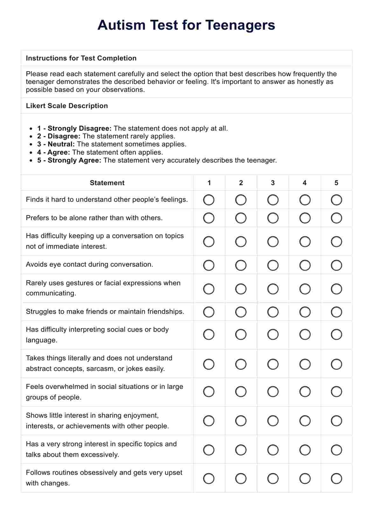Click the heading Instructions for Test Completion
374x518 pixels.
coord(81,58)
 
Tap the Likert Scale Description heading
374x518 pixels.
coord(67,106)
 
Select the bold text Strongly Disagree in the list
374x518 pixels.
coord(79,128)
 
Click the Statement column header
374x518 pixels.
coord(107,183)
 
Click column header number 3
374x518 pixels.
coord(273,183)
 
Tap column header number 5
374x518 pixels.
coord(336,183)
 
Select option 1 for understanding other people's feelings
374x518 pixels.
coord(209,200)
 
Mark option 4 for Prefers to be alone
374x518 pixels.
coord(305,218)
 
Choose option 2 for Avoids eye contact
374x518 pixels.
coord(241,265)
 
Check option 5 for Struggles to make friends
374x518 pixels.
coord(336,312)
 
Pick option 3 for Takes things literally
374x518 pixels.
coord(273,364)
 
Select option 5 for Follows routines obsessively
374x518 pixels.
coord(336,478)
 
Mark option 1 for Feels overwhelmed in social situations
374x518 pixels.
coord(209,392)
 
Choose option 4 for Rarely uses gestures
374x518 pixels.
coord(305,289)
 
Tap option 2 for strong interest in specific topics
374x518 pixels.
coord(241,450)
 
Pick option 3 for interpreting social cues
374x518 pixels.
coord(273,334)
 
